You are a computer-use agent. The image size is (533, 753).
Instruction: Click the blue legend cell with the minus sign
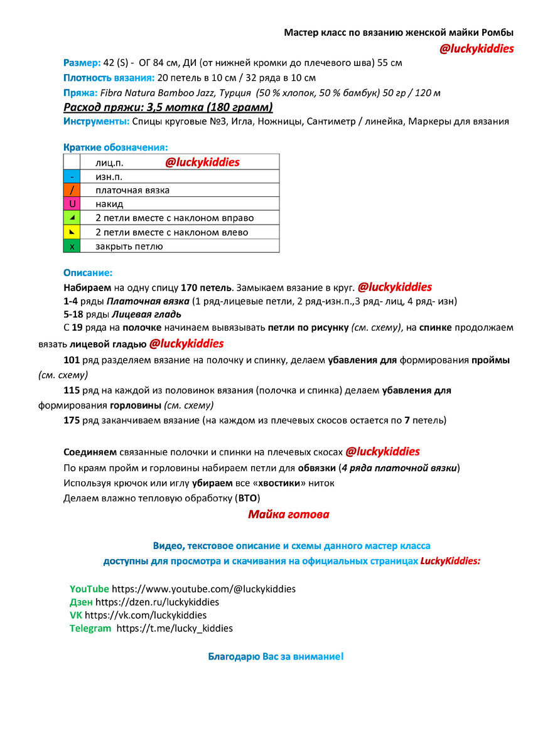click(x=72, y=176)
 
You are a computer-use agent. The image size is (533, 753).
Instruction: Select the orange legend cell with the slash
click(x=72, y=190)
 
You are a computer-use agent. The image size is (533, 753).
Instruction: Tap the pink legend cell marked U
click(x=72, y=204)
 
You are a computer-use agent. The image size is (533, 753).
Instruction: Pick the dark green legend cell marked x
click(x=72, y=246)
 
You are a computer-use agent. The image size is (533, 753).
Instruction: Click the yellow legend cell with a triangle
click(x=72, y=232)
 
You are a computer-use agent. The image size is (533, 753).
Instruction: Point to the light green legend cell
click(x=72, y=218)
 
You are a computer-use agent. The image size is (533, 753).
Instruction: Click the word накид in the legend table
click(x=109, y=204)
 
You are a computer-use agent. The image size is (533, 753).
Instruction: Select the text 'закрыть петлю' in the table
click(x=129, y=246)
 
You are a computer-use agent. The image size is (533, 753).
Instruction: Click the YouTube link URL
click(x=203, y=589)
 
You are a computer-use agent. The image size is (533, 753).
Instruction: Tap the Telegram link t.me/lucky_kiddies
click(x=175, y=628)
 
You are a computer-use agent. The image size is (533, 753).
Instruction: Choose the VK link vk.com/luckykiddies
click(x=146, y=615)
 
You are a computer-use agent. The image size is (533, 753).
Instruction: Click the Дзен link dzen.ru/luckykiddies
click(x=157, y=602)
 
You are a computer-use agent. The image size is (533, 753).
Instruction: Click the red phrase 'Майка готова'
click(x=288, y=515)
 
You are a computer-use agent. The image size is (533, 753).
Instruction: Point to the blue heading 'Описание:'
click(x=88, y=273)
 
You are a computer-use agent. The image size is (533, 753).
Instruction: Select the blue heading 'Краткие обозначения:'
click(x=116, y=147)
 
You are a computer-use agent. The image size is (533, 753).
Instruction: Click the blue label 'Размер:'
click(x=82, y=63)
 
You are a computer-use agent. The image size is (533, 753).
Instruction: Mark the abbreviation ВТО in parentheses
click(x=247, y=498)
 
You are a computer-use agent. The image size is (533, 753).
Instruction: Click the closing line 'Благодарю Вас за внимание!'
click(x=276, y=657)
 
